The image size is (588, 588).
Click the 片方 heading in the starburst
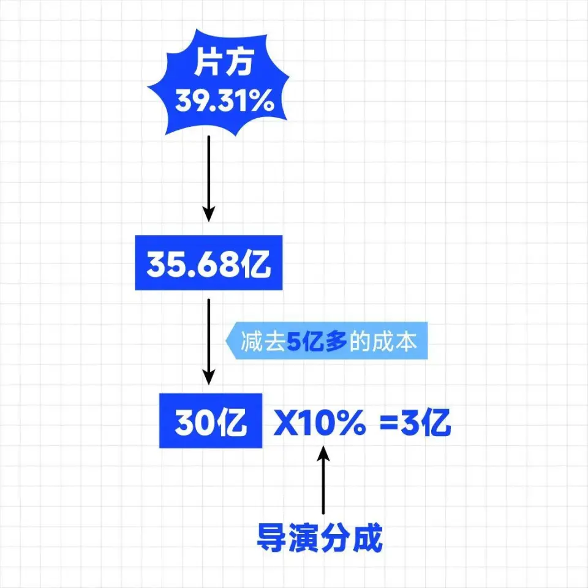(x=224, y=62)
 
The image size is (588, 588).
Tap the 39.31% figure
(x=224, y=101)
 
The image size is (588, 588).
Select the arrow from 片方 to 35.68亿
(x=209, y=178)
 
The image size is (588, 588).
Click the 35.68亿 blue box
(x=208, y=263)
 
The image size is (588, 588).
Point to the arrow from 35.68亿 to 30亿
(x=209, y=342)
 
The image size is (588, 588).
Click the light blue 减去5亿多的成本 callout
(x=326, y=341)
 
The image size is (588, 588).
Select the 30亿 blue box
(x=210, y=421)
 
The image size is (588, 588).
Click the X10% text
(x=320, y=422)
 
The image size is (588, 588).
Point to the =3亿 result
(x=415, y=422)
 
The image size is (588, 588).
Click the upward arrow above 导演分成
(x=323, y=479)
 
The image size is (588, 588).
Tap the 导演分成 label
(x=320, y=538)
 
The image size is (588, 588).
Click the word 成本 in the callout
(x=394, y=341)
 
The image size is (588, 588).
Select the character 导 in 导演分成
(x=272, y=538)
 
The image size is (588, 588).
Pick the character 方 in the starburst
(x=239, y=62)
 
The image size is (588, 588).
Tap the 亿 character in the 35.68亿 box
(x=255, y=263)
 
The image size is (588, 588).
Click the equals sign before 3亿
(x=390, y=423)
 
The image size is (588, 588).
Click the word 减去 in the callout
(x=263, y=341)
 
